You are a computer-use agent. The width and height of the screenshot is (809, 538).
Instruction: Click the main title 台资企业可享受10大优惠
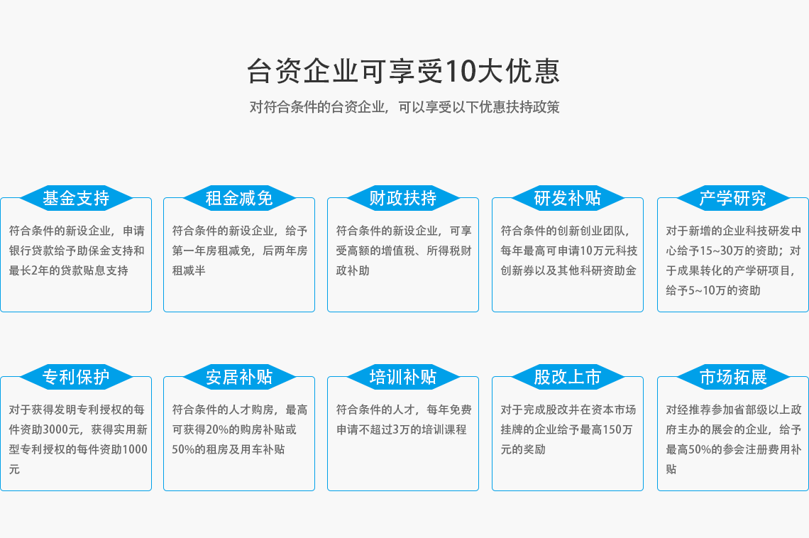click(403, 71)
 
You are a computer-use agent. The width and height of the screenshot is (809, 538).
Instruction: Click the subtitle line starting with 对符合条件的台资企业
click(404, 106)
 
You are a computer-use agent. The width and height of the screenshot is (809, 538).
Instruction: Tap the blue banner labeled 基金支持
click(76, 198)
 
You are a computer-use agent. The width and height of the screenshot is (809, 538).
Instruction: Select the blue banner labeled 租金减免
click(239, 198)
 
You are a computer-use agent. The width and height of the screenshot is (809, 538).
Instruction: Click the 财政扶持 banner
click(403, 198)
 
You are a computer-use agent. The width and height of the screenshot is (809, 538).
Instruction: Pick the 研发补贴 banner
click(568, 198)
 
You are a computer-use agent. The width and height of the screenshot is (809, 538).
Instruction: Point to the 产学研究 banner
click(732, 198)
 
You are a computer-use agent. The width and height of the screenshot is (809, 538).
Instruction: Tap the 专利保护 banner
click(76, 377)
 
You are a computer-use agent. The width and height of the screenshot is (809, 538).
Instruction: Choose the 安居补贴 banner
click(239, 377)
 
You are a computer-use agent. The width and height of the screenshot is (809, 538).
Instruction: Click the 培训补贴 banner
click(403, 377)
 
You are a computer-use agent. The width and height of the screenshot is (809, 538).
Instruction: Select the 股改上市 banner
click(568, 377)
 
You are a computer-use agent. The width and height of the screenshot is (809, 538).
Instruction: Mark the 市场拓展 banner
click(732, 377)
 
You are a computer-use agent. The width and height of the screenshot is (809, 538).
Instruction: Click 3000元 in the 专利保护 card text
click(61, 429)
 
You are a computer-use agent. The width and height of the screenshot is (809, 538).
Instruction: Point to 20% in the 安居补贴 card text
click(219, 429)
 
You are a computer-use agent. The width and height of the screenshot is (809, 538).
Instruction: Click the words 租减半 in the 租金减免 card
click(189, 271)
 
